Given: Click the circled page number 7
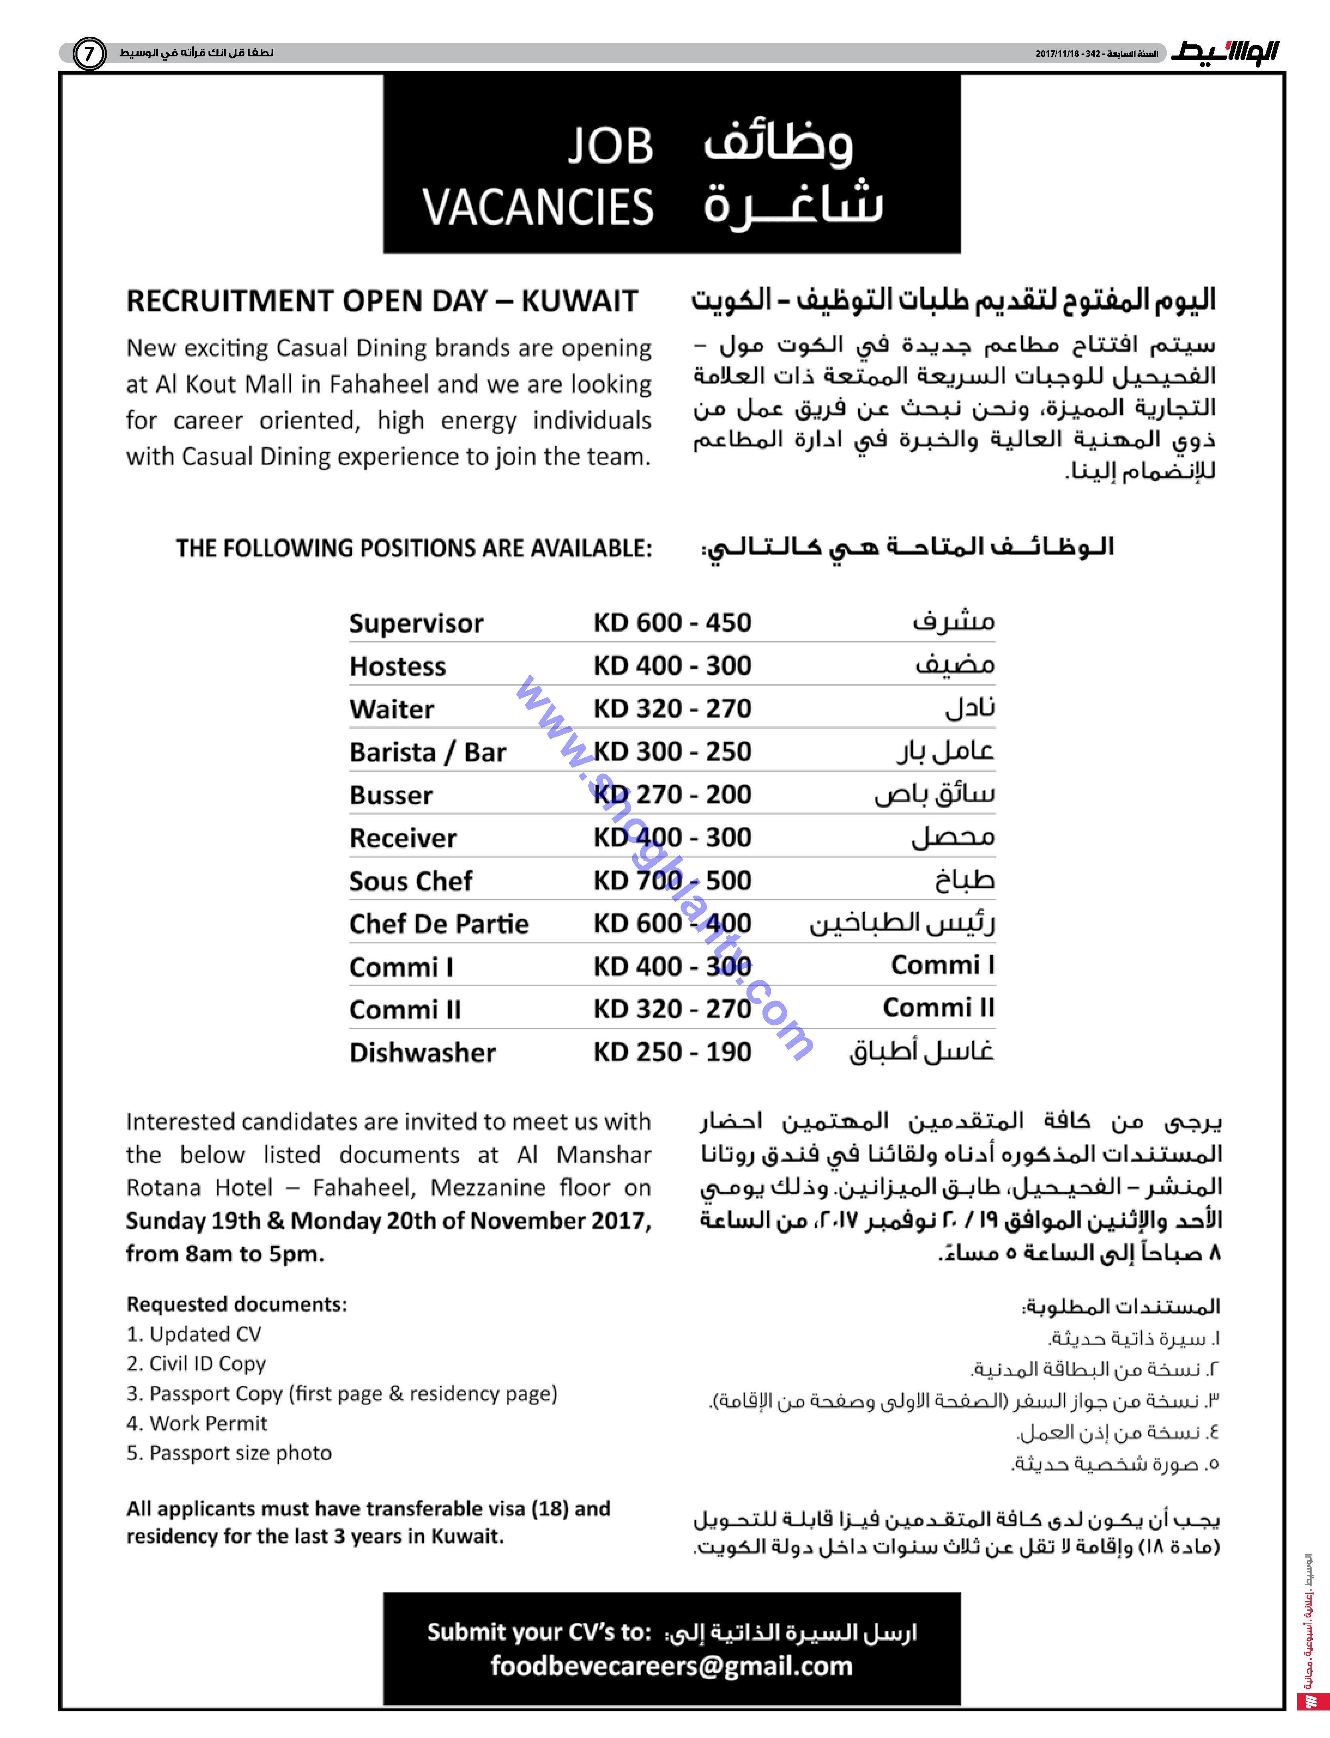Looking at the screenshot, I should click(x=89, y=54).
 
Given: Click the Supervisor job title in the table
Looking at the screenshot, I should click(x=416, y=624).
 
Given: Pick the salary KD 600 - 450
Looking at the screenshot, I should click(x=672, y=623).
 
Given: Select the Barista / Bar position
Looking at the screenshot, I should click(x=427, y=752).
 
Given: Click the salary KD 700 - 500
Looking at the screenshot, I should click(x=672, y=880).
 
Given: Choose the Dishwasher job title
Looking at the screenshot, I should click(x=423, y=1052).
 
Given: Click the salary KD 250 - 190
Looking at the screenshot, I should click(x=672, y=1052).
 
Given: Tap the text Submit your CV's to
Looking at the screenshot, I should click(x=539, y=1632).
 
